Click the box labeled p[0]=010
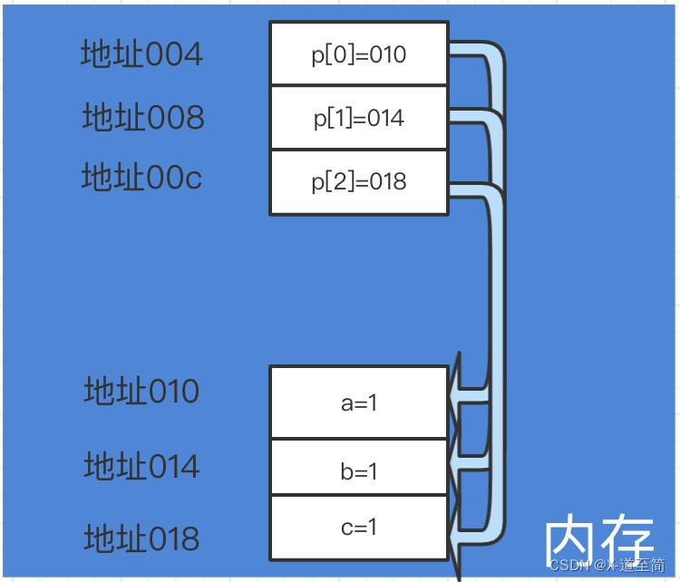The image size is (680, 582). pos(358,54)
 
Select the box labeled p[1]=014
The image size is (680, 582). pos(358,118)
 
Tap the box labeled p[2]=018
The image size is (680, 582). pos(358,181)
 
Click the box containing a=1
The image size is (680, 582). pos(358,403)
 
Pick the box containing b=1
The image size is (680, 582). pos(358,470)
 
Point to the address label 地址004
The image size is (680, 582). pos(141,54)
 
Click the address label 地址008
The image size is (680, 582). pos(143,117)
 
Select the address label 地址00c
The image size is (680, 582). pos(141,177)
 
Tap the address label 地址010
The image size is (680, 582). pos(141,392)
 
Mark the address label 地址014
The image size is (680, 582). pos(141,466)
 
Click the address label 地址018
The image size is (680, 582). pos(141,538)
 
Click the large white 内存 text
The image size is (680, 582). pos(598,539)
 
